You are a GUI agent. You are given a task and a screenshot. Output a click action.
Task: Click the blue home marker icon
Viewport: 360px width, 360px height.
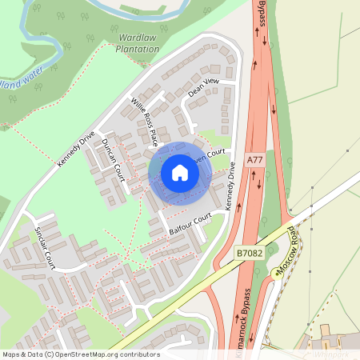click(x=180, y=172)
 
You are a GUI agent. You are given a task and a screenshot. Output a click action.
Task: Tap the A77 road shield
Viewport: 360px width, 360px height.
click(x=254, y=160)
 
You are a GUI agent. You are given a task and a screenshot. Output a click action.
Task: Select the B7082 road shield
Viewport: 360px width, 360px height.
click(x=249, y=253)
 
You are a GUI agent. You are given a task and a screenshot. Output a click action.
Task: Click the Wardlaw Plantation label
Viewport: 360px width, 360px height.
click(x=138, y=43)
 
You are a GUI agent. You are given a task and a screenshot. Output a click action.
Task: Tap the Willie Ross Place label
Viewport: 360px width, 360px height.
click(x=144, y=121)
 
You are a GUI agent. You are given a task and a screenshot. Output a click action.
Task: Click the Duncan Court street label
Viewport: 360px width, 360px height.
click(x=112, y=159)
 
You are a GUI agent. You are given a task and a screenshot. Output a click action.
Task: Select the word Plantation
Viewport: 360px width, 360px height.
click(x=138, y=49)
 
